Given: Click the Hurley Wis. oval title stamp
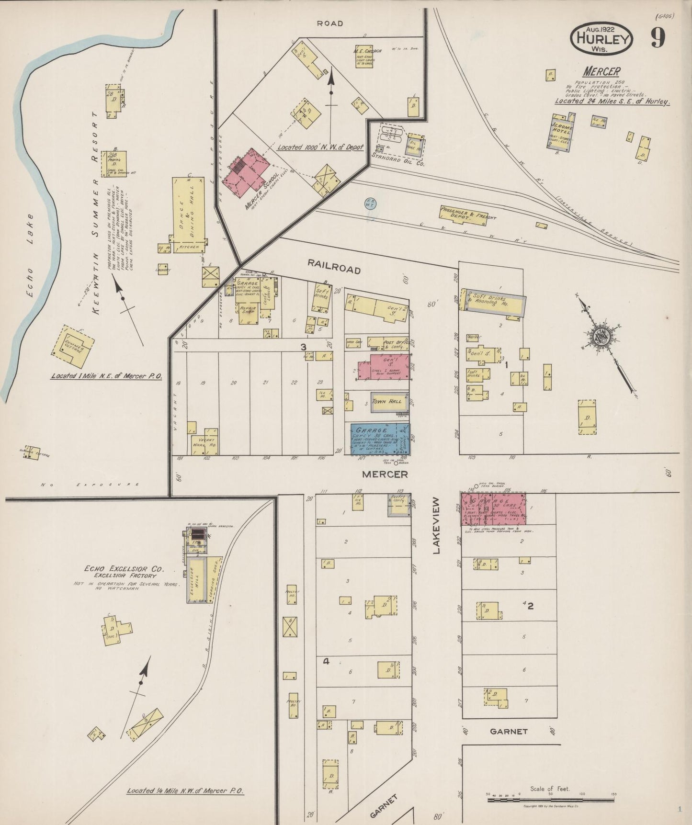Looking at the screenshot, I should [601, 38].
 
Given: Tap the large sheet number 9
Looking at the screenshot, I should [658, 38].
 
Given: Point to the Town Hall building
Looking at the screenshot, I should [389, 401].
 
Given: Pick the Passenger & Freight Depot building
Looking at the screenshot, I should [467, 214].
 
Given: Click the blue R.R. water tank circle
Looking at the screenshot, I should [370, 203].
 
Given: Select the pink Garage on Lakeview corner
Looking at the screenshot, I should [493, 509].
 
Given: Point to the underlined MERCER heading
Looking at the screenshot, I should [601, 72].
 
